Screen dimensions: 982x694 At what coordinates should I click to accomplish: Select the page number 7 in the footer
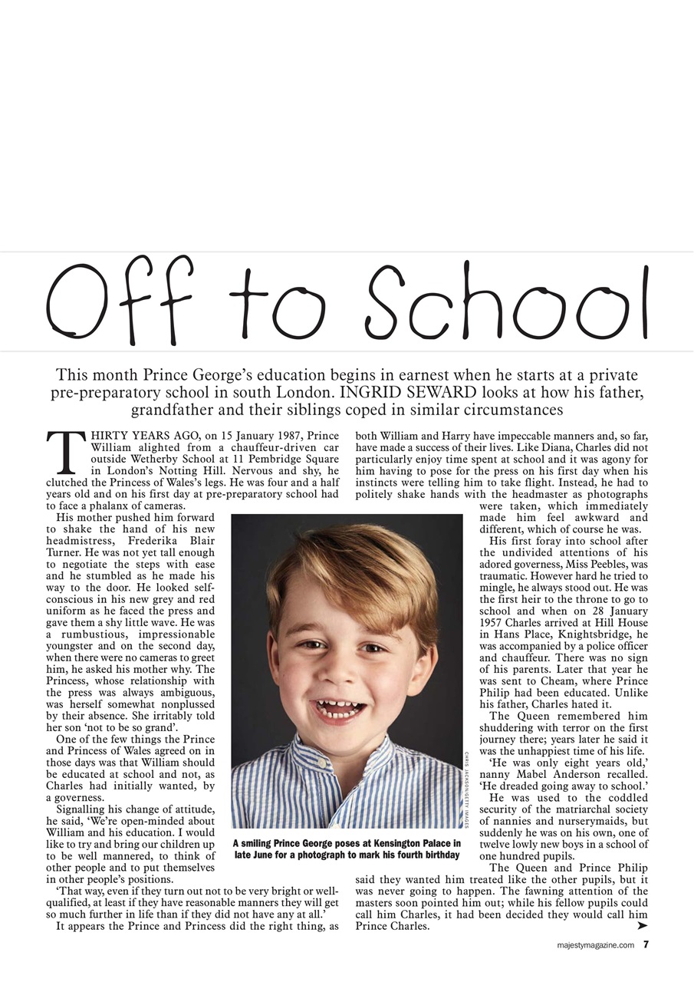click(646, 944)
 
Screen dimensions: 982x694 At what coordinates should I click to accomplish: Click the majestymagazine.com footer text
click(595, 945)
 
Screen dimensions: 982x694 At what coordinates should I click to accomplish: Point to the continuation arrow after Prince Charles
click(642, 926)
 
